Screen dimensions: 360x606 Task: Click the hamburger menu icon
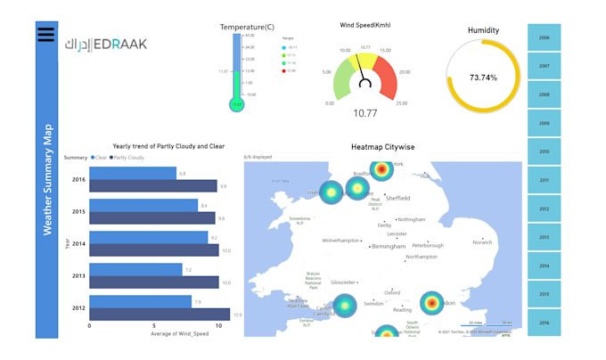(46, 35)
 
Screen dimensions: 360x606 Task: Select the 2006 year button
(544, 37)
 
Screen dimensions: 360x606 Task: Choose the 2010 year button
(544, 151)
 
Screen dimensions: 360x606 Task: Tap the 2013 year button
(544, 237)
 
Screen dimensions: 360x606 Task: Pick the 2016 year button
(544, 323)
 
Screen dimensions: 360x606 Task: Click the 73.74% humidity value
(483, 78)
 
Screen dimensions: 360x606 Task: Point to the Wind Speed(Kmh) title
(364, 25)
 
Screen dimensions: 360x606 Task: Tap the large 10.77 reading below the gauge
(364, 113)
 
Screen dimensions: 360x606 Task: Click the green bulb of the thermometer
(236, 104)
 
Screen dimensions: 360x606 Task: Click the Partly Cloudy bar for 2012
(160, 314)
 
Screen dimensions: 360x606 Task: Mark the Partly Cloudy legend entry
(127, 158)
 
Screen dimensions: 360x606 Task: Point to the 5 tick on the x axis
(154, 326)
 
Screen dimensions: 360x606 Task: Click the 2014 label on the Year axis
(78, 244)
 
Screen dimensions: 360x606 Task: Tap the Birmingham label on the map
(389, 247)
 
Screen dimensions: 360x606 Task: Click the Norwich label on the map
(482, 242)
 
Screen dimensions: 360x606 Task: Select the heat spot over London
(431, 303)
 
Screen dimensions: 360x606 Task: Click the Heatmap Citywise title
(382, 147)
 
